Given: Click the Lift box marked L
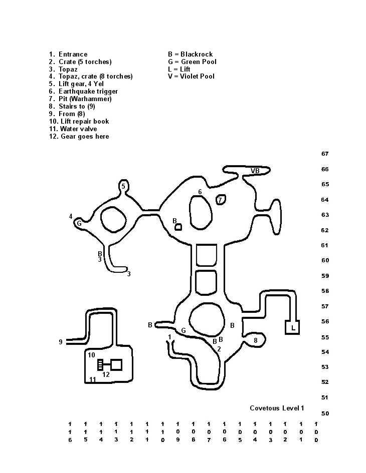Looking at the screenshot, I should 292,328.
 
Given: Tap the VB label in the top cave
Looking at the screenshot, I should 255,171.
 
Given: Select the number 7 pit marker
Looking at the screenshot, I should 220,200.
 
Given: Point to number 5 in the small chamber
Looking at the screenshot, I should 123,187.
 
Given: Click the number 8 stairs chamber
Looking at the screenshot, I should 255,340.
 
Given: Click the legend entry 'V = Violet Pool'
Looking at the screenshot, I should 191,77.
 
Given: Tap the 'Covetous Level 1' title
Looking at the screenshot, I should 277,408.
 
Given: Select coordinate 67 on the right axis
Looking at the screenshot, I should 325,154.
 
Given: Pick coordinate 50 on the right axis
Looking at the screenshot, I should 325,413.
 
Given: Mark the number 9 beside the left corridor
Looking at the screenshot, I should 61,342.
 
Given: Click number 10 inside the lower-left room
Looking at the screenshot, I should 91,355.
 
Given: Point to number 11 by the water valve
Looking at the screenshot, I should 93,380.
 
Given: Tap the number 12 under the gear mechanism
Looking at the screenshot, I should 106,374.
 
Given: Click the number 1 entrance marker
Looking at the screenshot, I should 170,337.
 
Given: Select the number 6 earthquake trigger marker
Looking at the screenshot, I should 200,192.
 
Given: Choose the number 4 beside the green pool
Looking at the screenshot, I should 71,217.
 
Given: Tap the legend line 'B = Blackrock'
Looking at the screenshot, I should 190,54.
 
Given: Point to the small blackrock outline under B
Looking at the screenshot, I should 178,227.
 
